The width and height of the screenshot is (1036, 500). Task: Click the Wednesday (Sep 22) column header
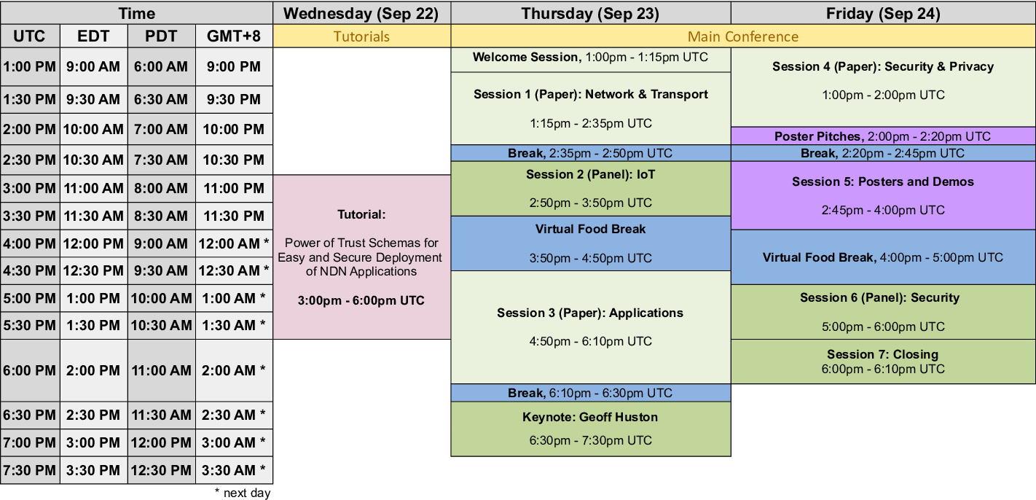[361, 13]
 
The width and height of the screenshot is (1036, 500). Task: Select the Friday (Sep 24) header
[883, 13]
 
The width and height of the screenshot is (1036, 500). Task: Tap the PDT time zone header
[162, 36]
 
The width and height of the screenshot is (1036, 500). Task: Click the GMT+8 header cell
[234, 36]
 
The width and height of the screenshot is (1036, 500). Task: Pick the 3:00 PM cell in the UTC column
[30, 189]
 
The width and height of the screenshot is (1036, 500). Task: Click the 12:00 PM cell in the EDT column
[93, 243]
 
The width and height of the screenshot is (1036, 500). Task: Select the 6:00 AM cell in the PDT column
[162, 66]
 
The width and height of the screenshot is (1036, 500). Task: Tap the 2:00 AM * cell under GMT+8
[234, 370]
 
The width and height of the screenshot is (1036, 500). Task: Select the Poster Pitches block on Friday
[883, 136]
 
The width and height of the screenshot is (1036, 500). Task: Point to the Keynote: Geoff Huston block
[591, 429]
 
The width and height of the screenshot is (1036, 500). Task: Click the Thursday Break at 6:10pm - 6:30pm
[591, 393]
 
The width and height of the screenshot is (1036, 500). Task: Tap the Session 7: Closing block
[883, 362]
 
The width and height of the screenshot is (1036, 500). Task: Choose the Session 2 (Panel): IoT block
[591, 189]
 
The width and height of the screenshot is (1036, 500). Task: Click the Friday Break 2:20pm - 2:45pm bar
[883, 153]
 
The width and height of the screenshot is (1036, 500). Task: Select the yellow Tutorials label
[361, 36]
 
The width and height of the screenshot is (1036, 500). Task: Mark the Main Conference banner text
[743, 36]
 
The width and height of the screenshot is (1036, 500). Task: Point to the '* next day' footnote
[243, 493]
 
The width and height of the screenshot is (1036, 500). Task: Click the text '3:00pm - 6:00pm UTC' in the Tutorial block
[361, 300]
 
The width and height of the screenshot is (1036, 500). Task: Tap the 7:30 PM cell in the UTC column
[30, 470]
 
